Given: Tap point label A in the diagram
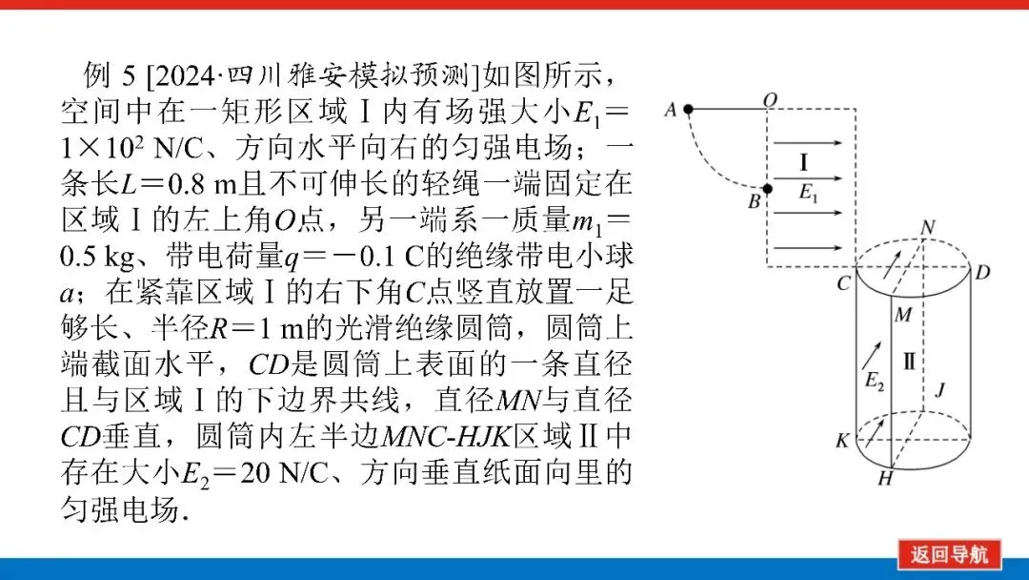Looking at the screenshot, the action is coord(670,110).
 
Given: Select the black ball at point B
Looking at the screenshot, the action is coord(770,188).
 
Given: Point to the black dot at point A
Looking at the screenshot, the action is coord(689,110).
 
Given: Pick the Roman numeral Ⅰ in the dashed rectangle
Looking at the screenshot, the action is coord(804,160).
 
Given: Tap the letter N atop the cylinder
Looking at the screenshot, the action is coord(928,226).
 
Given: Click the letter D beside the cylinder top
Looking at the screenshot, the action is coord(983,273).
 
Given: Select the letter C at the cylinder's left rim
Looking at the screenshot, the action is coord(842,283).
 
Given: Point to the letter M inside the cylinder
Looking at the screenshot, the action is coord(906,315).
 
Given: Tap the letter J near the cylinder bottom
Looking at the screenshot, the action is coord(939,389).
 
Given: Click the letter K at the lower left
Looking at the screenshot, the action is coord(841,440).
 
